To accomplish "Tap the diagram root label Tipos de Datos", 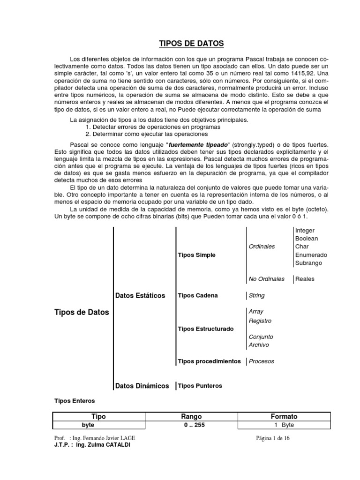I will pyautogui.click(x=82, y=312).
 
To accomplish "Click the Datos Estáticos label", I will pyautogui.click(x=140, y=295).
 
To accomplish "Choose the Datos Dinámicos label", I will pyautogui.click(x=142, y=386).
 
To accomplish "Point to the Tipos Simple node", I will pyautogui.click(x=197, y=255).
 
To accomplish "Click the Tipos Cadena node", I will pyautogui.click(x=198, y=295).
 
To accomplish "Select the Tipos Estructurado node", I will pyautogui.click(x=206, y=329).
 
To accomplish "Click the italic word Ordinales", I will pyautogui.click(x=262, y=247).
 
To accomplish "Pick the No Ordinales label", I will pyautogui.click(x=266, y=279).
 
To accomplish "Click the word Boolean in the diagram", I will pyautogui.click(x=307, y=239).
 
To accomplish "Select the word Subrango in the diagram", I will pyautogui.click(x=308, y=263).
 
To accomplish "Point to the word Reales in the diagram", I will pyautogui.click(x=305, y=279).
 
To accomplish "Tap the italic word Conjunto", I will pyautogui.click(x=261, y=337).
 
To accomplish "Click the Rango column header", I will pyautogui.click(x=191, y=416).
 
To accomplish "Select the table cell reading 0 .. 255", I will pyautogui.click(x=191, y=425).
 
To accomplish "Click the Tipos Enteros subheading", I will pyautogui.click(x=75, y=401).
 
